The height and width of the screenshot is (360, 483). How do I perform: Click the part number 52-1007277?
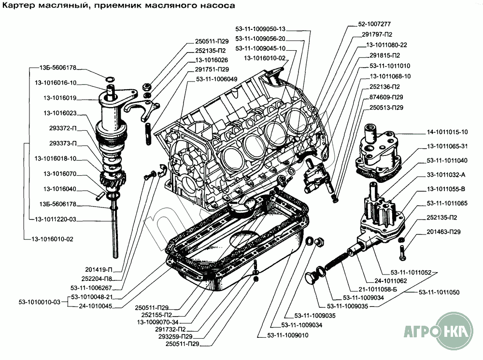[x=374, y=24]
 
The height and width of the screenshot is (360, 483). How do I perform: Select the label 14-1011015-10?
[x=447, y=132]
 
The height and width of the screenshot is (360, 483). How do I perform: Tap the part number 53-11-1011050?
[x=439, y=292]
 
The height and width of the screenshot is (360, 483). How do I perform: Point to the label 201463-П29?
[x=447, y=232]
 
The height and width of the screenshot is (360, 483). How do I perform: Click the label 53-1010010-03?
[x=40, y=302]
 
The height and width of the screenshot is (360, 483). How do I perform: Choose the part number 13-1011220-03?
[x=55, y=220]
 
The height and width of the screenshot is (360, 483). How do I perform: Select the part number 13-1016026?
[x=212, y=60]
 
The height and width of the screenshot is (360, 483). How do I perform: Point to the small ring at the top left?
[x=110, y=79]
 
